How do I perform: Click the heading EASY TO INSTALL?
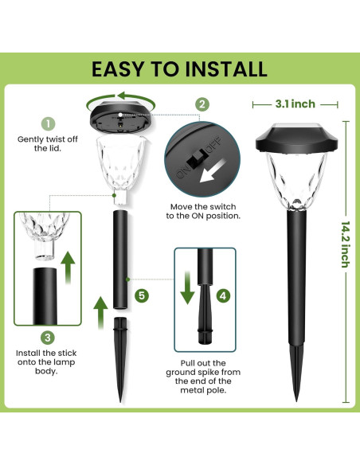click(179, 68)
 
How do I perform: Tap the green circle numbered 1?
click(49, 123)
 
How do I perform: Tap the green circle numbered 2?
click(202, 104)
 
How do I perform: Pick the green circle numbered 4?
click(223, 295)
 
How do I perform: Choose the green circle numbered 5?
click(142, 295)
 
